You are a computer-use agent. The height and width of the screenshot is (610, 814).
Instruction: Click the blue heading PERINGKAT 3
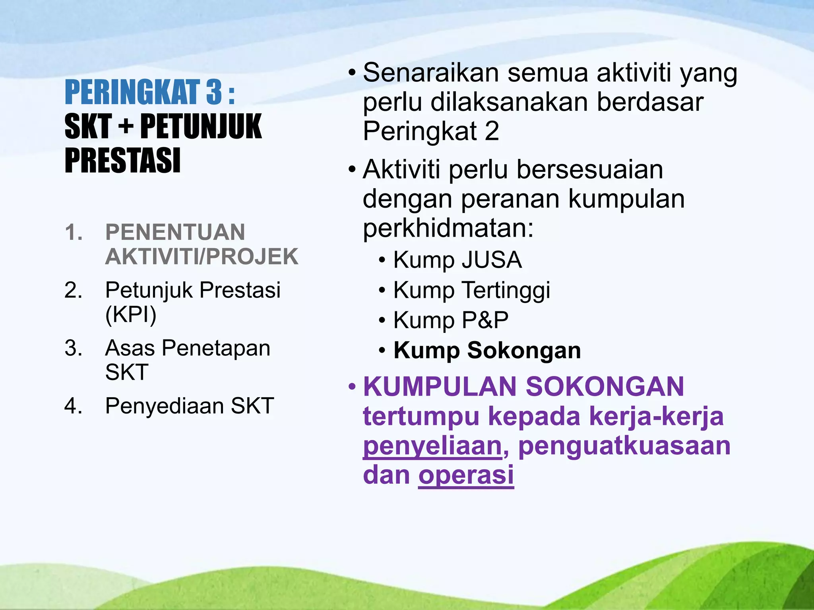point(149,93)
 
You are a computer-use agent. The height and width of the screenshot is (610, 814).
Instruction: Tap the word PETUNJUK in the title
point(201,127)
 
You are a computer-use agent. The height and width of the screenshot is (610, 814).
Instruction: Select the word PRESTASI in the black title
point(122,161)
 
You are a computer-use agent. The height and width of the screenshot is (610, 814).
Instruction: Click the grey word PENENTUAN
point(175,232)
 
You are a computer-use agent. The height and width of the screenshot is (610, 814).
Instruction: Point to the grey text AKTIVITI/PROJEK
point(202,257)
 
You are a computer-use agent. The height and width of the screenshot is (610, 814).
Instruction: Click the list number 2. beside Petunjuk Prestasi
point(74,290)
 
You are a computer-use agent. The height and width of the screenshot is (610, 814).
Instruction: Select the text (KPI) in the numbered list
point(131,315)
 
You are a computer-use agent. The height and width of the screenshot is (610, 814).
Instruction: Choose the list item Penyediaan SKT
point(189,406)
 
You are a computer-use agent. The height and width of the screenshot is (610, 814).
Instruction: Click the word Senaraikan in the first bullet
point(430,73)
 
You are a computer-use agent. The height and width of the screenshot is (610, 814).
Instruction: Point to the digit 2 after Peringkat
point(492,131)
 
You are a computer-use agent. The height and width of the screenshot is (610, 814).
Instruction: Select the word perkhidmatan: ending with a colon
point(448,228)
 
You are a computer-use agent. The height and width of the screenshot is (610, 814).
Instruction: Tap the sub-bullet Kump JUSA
point(457,260)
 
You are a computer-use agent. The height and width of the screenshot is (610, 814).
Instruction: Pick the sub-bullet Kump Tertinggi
point(471,290)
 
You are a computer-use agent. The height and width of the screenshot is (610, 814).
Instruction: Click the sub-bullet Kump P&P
point(451,320)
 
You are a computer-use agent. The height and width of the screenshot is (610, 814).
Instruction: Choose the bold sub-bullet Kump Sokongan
point(487,350)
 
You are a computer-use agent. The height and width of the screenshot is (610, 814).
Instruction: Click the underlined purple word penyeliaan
point(432,446)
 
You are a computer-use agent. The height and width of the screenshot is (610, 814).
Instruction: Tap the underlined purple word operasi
point(466,475)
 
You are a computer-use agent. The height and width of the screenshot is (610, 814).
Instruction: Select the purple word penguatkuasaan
point(624,446)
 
